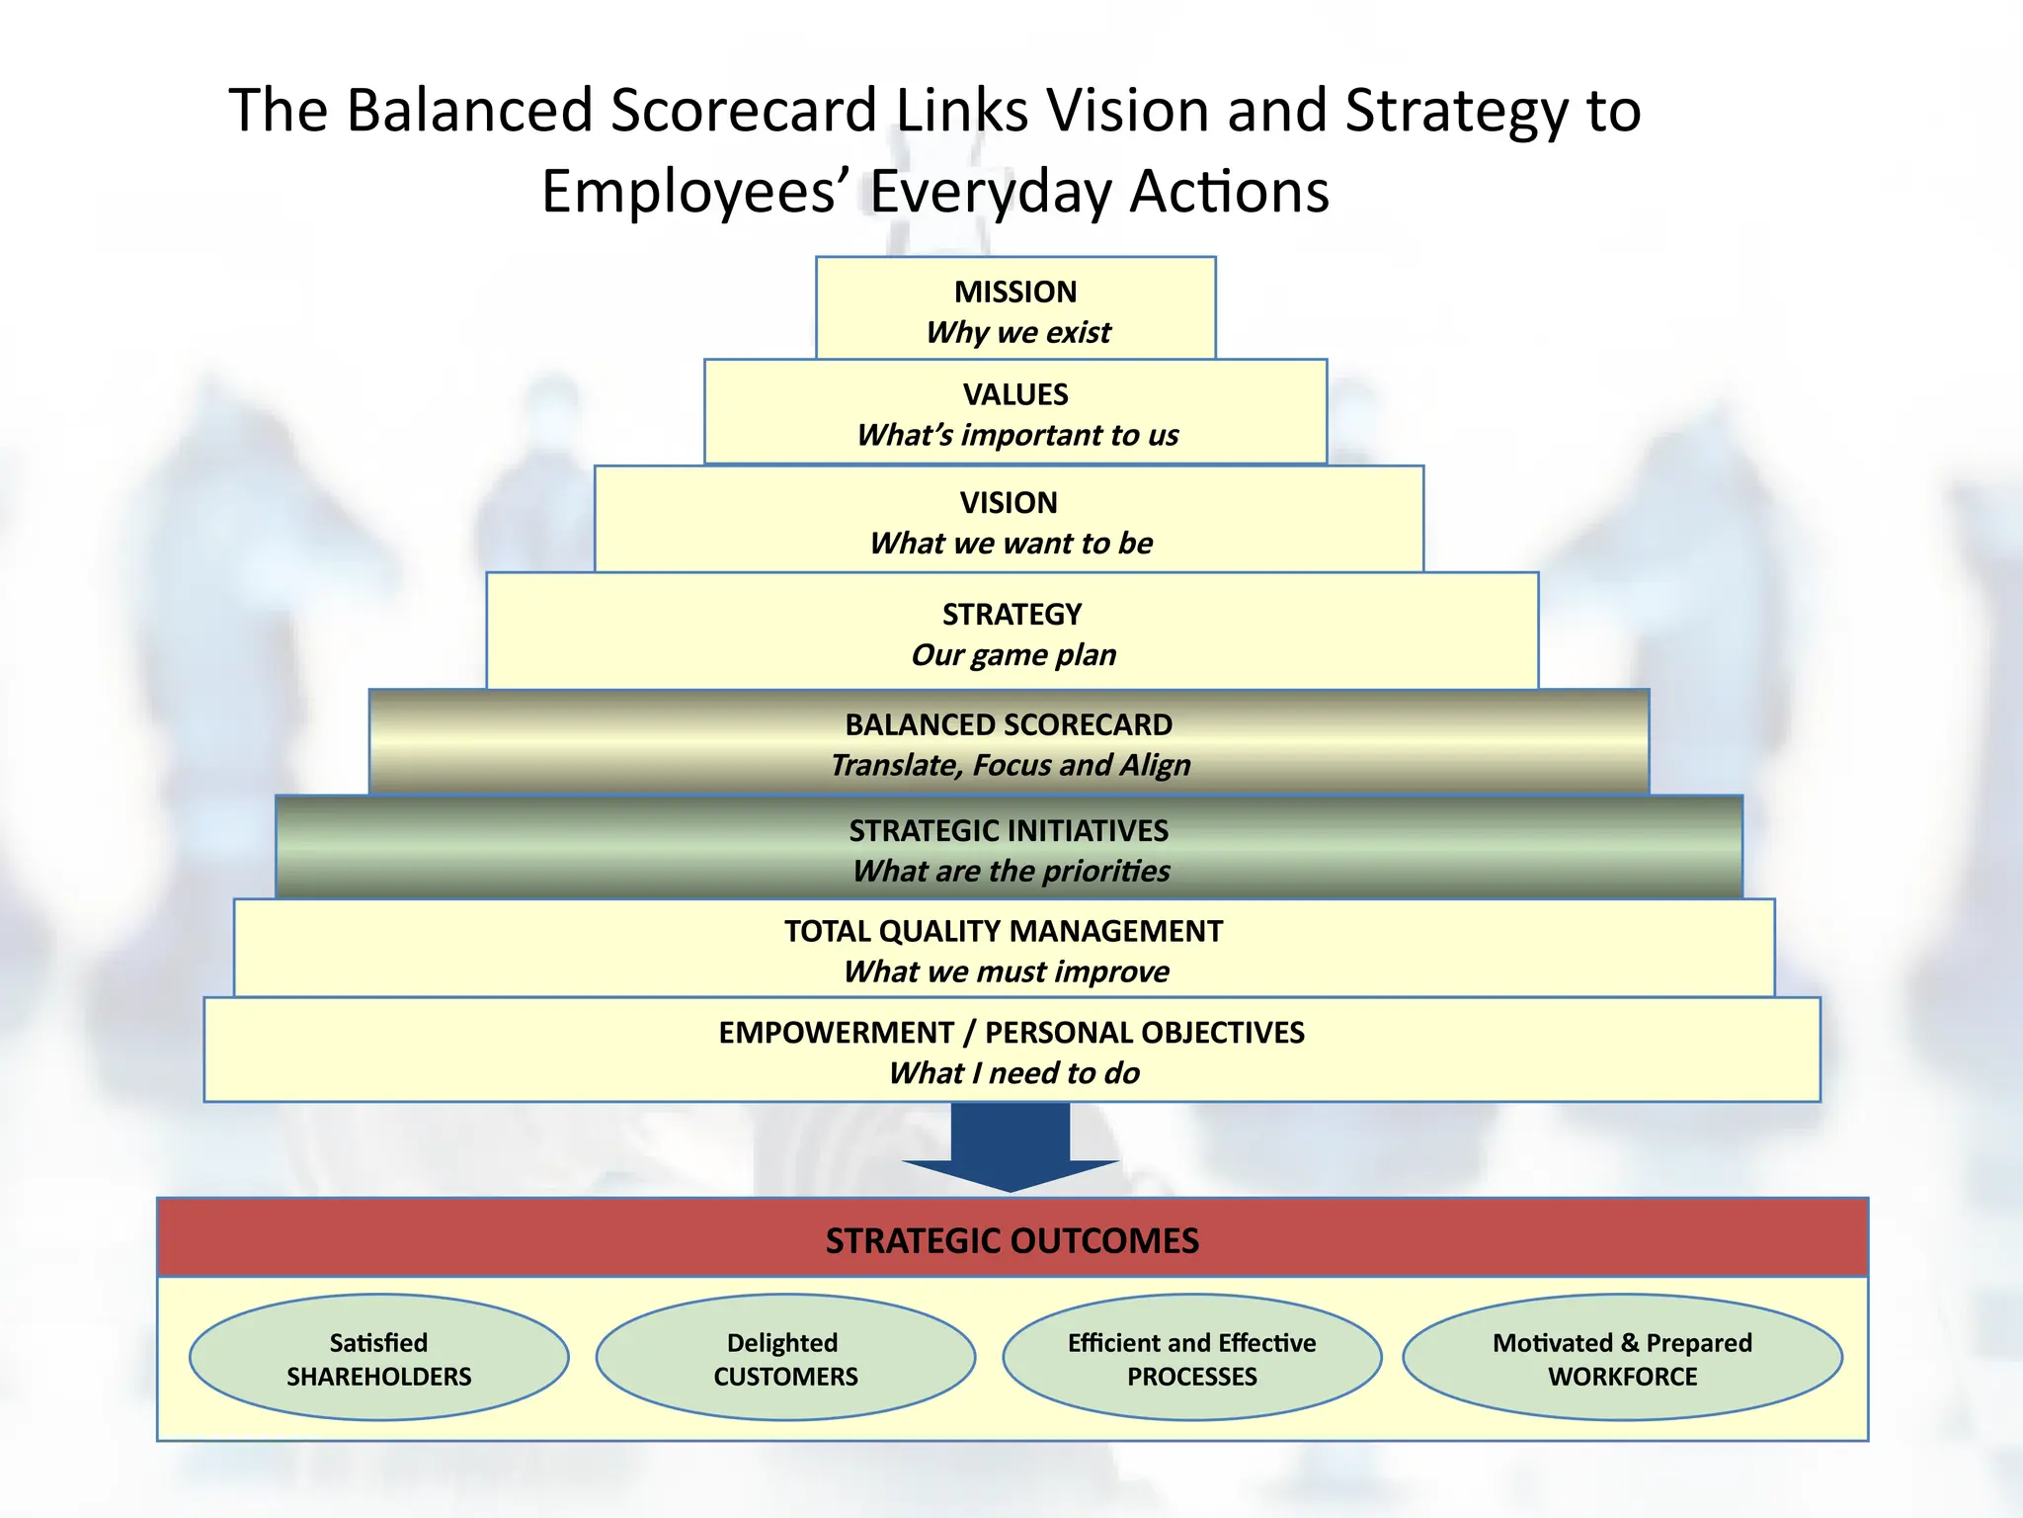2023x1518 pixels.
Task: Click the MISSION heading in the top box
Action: (1015, 292)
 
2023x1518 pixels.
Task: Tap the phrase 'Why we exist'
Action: (1018, 332)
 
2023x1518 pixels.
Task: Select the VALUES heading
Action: (1015, 394)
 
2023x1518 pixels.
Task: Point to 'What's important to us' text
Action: (1017, 435)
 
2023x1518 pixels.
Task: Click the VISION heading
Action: (1009, 502)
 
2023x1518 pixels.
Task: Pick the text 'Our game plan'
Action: (1013, 654)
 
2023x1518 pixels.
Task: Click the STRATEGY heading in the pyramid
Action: (1011, 614)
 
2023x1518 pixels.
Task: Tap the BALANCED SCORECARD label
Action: (1009, 724)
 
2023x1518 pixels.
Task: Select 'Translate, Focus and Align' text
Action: (1011, 765)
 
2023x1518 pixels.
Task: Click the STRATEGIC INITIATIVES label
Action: (1009, 830)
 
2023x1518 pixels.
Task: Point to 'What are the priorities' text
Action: (1011, 871)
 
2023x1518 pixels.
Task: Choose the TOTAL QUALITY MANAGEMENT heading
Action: (1004, 931)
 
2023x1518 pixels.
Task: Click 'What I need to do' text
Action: (1013, 1072)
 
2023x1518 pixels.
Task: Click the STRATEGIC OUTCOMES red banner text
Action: (1011, 1240)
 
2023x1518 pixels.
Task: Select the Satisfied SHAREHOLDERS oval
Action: (378, 1358)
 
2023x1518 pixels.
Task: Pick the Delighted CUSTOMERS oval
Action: (785, 1358)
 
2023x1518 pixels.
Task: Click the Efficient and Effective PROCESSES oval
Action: (1192, 1358)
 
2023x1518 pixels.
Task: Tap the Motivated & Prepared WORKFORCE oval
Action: (1622, 1358)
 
